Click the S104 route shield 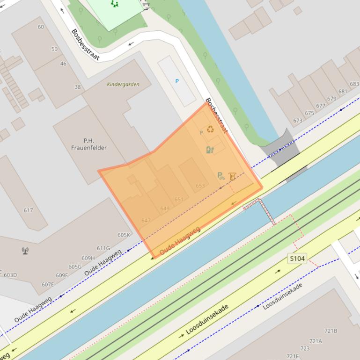(297, 259)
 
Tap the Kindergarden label (123, 85)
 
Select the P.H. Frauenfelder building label (88, 144)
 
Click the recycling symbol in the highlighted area (211, 129)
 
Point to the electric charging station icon (210, 150)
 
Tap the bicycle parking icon (220, 176)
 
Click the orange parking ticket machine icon (232, 176)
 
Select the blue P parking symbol (177, 81)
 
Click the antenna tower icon (25, 251)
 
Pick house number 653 (200, 186)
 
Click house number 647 (146, 220)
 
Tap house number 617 (28, 210)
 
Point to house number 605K (124, 235)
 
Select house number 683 (354, 84)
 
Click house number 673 (298, 121)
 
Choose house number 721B (331, 331)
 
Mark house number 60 (41, 27)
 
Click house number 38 (78, 87)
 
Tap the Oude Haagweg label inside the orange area (180, 241)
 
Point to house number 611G (103, 248)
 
